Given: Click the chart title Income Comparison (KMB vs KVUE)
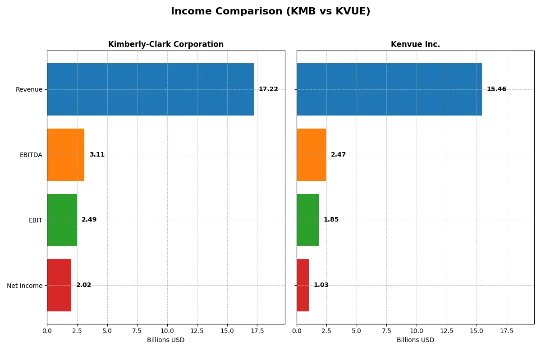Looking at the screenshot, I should (270, 12).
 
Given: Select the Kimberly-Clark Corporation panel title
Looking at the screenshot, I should (165, 44).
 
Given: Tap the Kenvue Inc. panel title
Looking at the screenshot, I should (415, 44).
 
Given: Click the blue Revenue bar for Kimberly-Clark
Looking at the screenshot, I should (150, 89).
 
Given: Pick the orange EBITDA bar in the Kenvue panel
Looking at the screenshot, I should (311, 155).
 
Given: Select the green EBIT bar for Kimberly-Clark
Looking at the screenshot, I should (62, 220).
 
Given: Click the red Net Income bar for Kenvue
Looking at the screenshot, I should (303, 285).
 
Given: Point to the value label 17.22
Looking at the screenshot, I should (268, 89).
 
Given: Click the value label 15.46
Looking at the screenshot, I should (496, 89).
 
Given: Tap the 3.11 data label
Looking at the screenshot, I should (97, 155).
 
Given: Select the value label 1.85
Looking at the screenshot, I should (331, 220).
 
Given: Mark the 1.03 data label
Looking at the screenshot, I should (321, 285).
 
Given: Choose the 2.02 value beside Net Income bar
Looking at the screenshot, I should (83, 285).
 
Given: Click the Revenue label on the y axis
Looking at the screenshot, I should (29, 89).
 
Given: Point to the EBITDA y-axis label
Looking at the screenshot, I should (31, 155).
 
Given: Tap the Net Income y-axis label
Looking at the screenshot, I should (25, 285).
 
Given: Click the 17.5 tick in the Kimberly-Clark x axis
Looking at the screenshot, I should (257, 330).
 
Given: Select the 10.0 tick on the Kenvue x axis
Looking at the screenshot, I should (417, 330).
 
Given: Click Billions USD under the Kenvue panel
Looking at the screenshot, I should (415, 340).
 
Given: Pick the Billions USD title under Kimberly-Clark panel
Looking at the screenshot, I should (165, 340).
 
